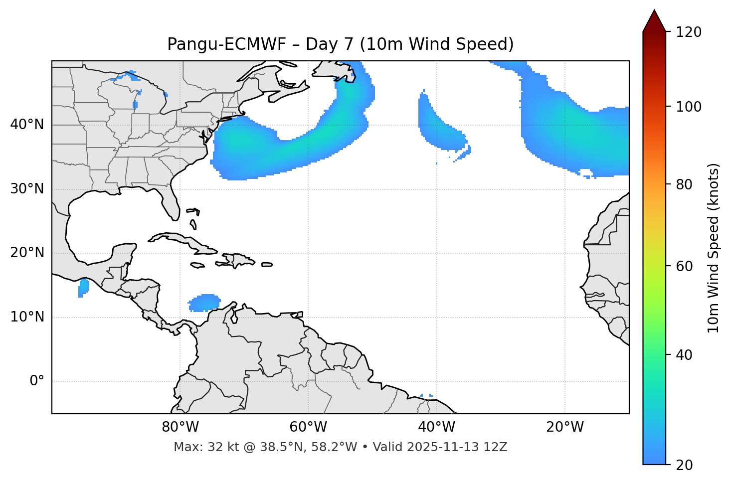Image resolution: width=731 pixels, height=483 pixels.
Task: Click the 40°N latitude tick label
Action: (x=27, y=125)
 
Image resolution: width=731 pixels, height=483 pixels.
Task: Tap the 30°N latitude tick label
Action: (x=27, y=189)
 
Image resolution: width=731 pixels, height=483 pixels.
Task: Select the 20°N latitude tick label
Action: (x=27, y=253)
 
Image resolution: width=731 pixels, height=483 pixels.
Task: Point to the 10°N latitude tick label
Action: (x=27, y=317)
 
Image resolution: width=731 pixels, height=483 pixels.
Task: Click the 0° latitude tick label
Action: (x=37, y=381)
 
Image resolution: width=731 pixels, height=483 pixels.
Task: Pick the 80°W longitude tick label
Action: (x=180, y=427)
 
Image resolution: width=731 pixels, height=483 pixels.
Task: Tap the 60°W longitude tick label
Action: (x=308, y=427)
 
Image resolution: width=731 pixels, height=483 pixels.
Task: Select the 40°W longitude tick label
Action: (x=436, y=427)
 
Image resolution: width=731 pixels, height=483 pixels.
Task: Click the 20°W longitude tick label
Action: (x=564, y=427)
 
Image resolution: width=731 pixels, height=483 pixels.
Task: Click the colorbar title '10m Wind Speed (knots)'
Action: (x=714, y=248)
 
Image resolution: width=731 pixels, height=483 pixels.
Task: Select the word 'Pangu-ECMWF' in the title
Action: (x=226, y=44)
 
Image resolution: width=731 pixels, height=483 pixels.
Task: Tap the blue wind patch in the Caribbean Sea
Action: (x=205, y=303)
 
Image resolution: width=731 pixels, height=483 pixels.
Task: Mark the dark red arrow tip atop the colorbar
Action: (x=654, y=20)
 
